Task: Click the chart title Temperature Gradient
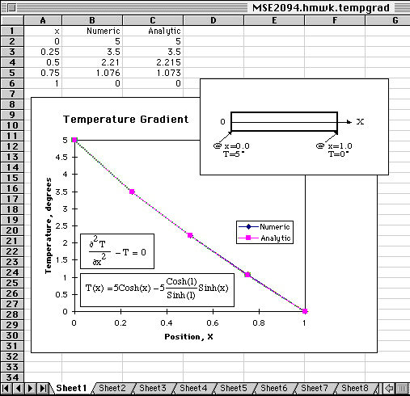(x=125, y=120)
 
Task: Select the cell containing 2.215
(x=153, y=62)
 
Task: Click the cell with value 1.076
(x=92, y=73)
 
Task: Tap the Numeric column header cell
(x=92, y=31)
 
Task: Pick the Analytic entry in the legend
(x=264, y=238)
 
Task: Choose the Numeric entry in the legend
(x=264, y=227)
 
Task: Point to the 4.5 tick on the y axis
(x=61, y=158)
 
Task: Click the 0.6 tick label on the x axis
(x=213, y=322)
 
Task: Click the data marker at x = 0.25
(x=132, y=192)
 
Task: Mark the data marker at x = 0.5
(x=190, y=235)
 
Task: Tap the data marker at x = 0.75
(x=247, y=275)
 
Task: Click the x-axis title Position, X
(x=188, y=337)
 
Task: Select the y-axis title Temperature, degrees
(x=49, y=225)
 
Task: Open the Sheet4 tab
(x=193, y=388)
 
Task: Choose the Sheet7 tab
(x=315, y=388)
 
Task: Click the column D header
(x=213, y=20)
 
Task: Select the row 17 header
(x=12, y=199)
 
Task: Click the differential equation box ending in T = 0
(x=117, y=251)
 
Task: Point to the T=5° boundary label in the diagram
(x=234, y=154)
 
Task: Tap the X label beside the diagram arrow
(x=360, y=122)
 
